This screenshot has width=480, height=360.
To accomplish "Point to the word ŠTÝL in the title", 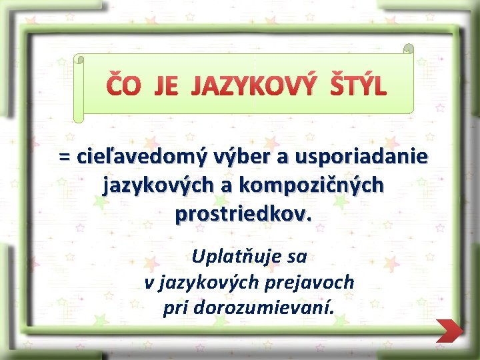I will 357,87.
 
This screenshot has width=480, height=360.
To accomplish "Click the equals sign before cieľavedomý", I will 65,157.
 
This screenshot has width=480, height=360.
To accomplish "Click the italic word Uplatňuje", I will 233,256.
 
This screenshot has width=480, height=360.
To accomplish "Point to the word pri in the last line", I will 175,309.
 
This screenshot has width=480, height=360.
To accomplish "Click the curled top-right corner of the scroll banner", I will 408,49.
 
